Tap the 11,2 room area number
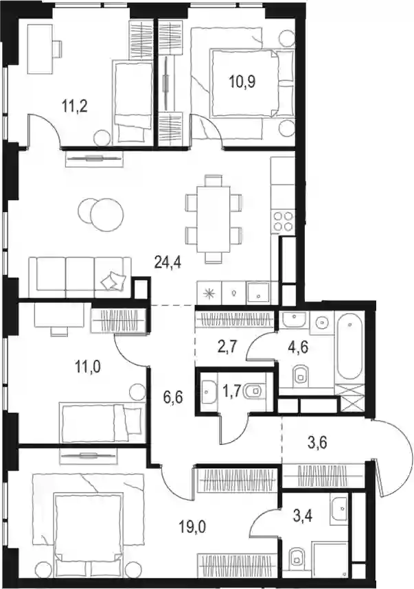pos(74,106)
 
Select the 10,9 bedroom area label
pos(242,82)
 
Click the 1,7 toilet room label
pos(233,394)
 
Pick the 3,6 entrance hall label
pos(318,443)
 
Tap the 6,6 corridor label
pos(173,396)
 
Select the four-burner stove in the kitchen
pos(284,221)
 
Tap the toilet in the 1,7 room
pos(254,392)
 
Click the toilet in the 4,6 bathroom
pos(300,375)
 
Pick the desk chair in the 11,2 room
pos(57,49)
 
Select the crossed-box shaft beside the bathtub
pos(352,399)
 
